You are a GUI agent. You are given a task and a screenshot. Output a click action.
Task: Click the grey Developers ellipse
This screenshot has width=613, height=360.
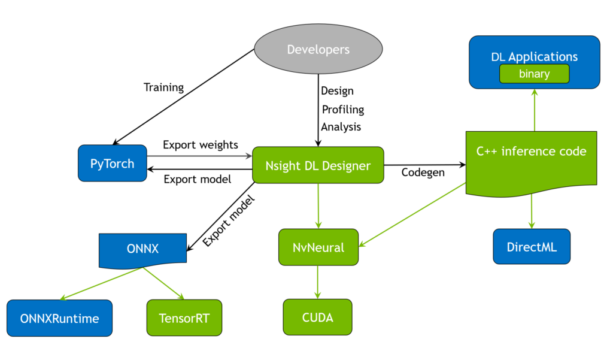[x=318, y=50]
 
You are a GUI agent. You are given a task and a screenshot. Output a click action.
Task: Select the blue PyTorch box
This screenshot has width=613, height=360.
[x=113, y=163]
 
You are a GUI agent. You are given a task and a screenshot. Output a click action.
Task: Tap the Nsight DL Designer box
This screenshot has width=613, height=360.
[x=318, y=165]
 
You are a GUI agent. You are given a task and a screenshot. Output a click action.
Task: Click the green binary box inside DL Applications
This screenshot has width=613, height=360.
[x=534, y=74]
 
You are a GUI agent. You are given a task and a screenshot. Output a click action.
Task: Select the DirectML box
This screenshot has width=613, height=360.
[x=532, y=246]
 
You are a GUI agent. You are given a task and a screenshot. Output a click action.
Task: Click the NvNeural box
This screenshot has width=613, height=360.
[x=318, y=247]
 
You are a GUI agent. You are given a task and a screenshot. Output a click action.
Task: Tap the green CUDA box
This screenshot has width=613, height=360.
[x=317, y=316]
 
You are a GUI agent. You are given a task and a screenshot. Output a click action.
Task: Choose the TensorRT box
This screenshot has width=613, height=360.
[x=184, y=317]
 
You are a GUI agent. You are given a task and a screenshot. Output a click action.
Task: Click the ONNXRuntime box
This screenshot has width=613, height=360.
[x=59, y=317]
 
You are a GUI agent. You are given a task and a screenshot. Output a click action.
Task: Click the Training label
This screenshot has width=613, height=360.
[x=163, y=87]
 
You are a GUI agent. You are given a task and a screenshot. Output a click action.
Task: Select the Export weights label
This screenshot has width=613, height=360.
[x=200, y=145]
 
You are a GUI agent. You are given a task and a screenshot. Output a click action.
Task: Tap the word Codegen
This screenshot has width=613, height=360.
[x=423, y=173]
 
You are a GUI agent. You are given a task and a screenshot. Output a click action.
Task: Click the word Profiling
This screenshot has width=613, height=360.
[x=342, y=110]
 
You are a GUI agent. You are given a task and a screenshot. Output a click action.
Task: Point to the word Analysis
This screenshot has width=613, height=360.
[x=341, y=126]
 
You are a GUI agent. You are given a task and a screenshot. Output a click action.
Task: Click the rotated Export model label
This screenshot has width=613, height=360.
[x=224, y=220]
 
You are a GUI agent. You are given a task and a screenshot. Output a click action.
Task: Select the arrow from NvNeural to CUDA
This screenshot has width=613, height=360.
[x=318, y=282]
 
